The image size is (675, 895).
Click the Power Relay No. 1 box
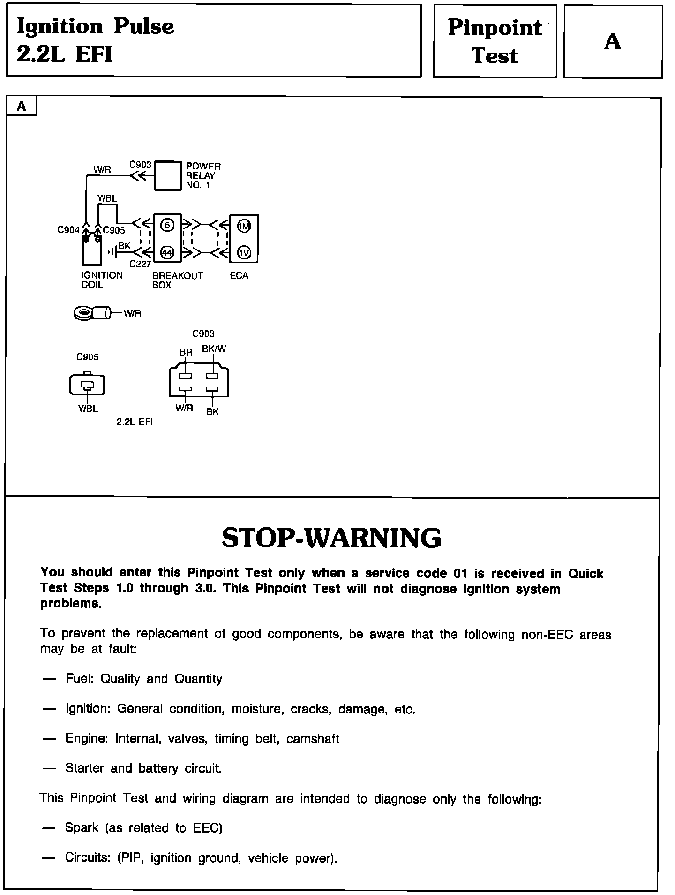click(x=168, y=175)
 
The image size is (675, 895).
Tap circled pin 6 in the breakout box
click(x=167, y=226)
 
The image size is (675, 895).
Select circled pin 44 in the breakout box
click(x=167, y=252)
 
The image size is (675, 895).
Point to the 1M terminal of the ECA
click(x=244, y=227)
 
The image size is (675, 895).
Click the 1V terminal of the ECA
click(x=244, y=252)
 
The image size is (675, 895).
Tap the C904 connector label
click(x=68, y=230)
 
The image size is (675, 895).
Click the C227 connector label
click(x=140, y=264)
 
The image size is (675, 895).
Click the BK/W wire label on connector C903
click(x=214, y=349)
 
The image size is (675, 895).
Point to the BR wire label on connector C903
click(x=186, y=352)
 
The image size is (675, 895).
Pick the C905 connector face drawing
click(x=87, y=385)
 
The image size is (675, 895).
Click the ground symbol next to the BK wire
click(x=112, y=252)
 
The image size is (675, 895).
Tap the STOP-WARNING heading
click(x=331, y=538)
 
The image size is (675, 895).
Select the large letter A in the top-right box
click(x=612, y=42)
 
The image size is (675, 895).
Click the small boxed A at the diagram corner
click(x=22, y=106)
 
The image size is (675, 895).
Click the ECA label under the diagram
click(x=239, y=276)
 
